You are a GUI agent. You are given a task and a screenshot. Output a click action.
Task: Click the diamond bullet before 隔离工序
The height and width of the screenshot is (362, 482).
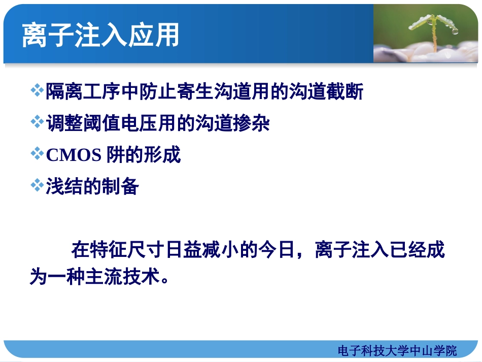click(x=37, y=91)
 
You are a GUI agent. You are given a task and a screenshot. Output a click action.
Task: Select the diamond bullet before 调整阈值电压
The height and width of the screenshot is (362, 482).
click(x=37, y=123)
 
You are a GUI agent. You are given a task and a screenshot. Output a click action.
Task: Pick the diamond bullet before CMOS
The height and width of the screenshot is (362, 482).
click(x=37, y=154)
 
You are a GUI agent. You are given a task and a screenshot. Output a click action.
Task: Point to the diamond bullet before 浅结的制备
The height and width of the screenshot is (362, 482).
click(x=37, y=186)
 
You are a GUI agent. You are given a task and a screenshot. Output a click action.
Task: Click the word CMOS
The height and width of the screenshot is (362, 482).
click(x=74, y=155)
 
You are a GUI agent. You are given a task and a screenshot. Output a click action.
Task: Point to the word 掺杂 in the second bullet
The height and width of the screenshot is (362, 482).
click(x=252, y=123)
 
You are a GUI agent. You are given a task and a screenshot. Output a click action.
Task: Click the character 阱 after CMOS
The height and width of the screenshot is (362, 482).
click(x=115, y=155)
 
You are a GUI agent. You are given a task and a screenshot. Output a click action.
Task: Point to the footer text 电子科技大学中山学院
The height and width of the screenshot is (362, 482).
click(x=397, y=350)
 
